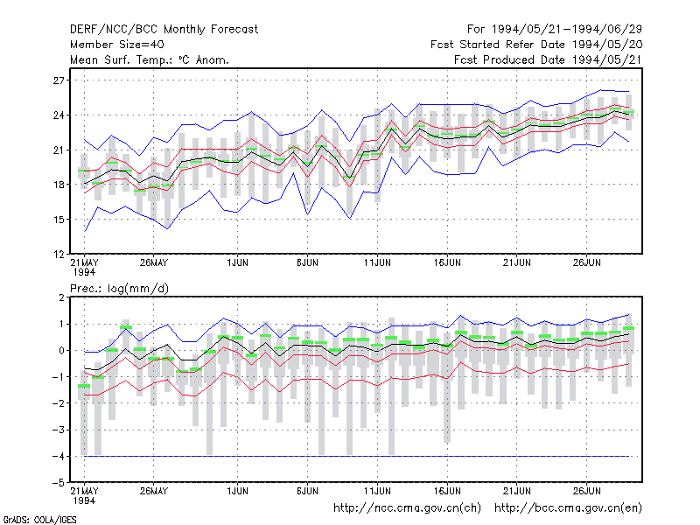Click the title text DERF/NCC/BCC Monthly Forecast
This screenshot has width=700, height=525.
point(164,30)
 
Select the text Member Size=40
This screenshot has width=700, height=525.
point(117,45)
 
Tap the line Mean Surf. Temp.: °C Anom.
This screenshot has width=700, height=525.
point(150,59)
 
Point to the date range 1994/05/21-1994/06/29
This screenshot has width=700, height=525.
point(567,30)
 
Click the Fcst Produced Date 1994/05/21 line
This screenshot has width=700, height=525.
point(549,59)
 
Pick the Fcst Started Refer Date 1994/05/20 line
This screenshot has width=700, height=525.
point(536,45)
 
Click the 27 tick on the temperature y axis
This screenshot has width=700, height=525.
point(59,80)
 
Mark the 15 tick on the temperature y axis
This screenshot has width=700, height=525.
point(59,220)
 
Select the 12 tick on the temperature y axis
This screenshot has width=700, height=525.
point(59,255)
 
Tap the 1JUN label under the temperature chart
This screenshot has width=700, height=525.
point(237,262)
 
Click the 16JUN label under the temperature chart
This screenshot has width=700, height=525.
point(447,262)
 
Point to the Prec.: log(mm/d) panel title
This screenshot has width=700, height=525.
point(120,289)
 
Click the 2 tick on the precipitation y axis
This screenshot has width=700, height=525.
point(61,297)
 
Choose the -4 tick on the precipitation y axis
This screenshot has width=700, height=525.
point(58,457)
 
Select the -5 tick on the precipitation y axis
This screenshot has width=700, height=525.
point(58,483)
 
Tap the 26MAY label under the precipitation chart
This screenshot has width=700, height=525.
point(154,491)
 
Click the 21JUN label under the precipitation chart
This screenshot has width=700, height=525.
point(517,491)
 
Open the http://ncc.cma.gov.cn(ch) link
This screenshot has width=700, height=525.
point(408,508)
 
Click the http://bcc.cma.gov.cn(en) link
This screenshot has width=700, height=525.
point(568,508)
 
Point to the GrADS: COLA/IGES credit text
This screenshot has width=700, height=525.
point(39,520)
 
